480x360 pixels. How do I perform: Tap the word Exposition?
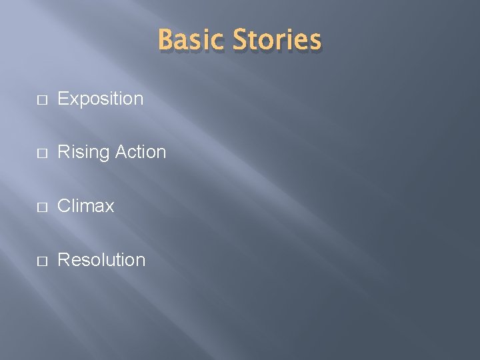(101, 99)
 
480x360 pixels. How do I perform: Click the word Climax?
(86, 206)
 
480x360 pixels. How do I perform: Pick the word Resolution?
(101, 259)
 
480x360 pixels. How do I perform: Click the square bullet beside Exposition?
(41, 100)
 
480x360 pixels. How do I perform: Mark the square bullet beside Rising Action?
(41, 153)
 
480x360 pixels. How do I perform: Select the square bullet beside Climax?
(41, 207)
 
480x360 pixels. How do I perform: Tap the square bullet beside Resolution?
(41, 260)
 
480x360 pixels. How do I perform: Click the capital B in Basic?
(166, 40)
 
